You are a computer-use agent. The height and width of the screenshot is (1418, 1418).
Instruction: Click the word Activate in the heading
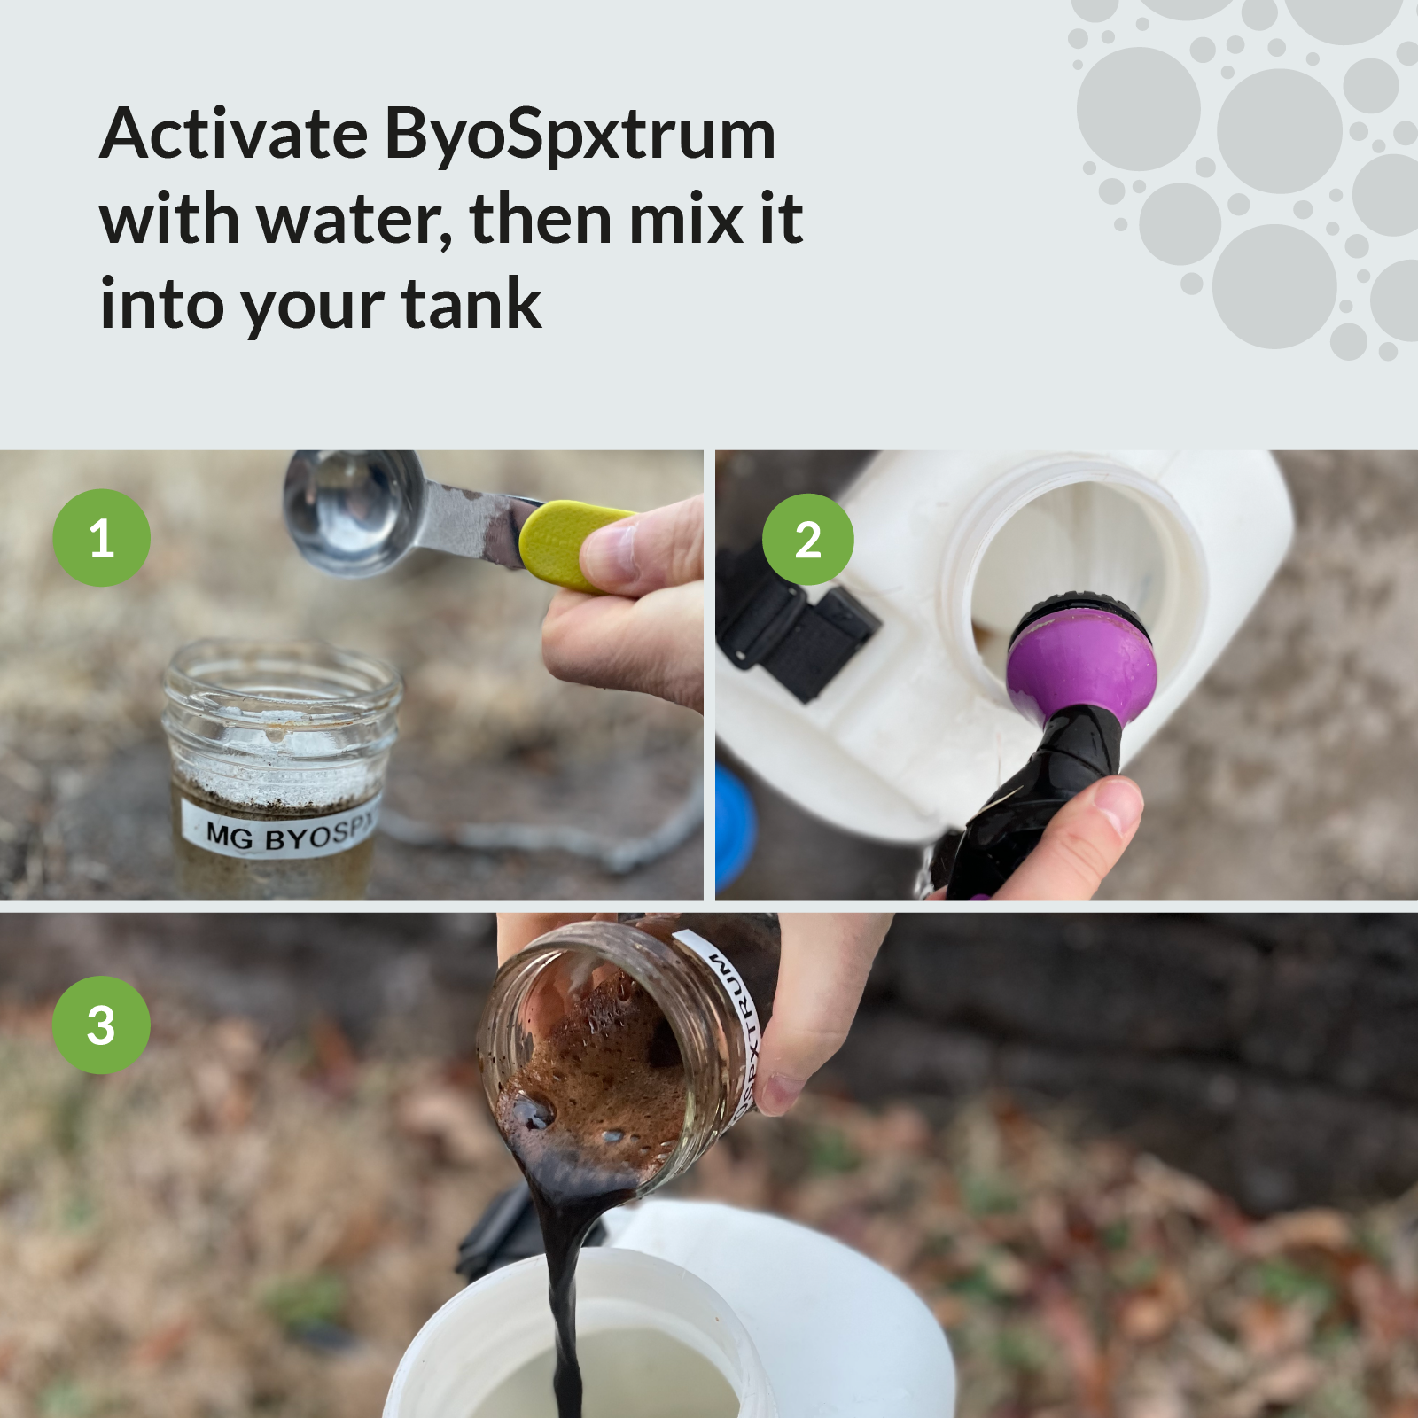[x=233, y=135]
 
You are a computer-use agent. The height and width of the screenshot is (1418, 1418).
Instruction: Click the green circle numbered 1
[x=101, y=538]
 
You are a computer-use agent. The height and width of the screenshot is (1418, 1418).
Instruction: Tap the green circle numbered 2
[x=807, y=539]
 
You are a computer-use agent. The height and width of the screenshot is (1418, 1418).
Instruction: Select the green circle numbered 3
[x=101, y=1025]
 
